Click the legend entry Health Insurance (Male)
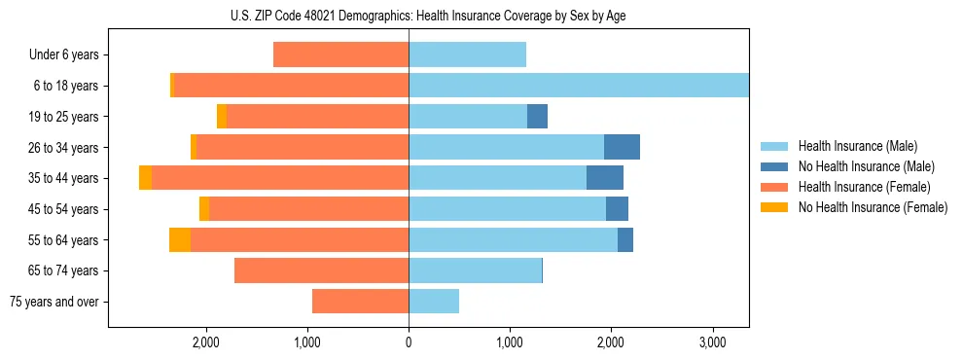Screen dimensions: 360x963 pos(857,146)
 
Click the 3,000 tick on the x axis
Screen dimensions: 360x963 pos(712,342)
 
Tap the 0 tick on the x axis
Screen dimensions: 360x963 pos(409,342)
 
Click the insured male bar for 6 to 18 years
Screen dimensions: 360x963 pos(579,86)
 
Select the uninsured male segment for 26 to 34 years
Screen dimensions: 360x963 pos(622,147)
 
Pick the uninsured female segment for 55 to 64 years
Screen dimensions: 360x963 pos(180,239)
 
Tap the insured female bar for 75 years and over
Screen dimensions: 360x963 pos(360,302)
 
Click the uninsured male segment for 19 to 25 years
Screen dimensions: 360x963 pos(537,117)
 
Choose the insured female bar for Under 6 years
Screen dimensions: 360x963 pos(340,54)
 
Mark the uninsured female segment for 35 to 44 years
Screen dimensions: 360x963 pos(145,178)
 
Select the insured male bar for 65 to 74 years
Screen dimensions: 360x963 pos(475,270)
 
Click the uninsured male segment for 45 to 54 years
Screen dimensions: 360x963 pos(617,209)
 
